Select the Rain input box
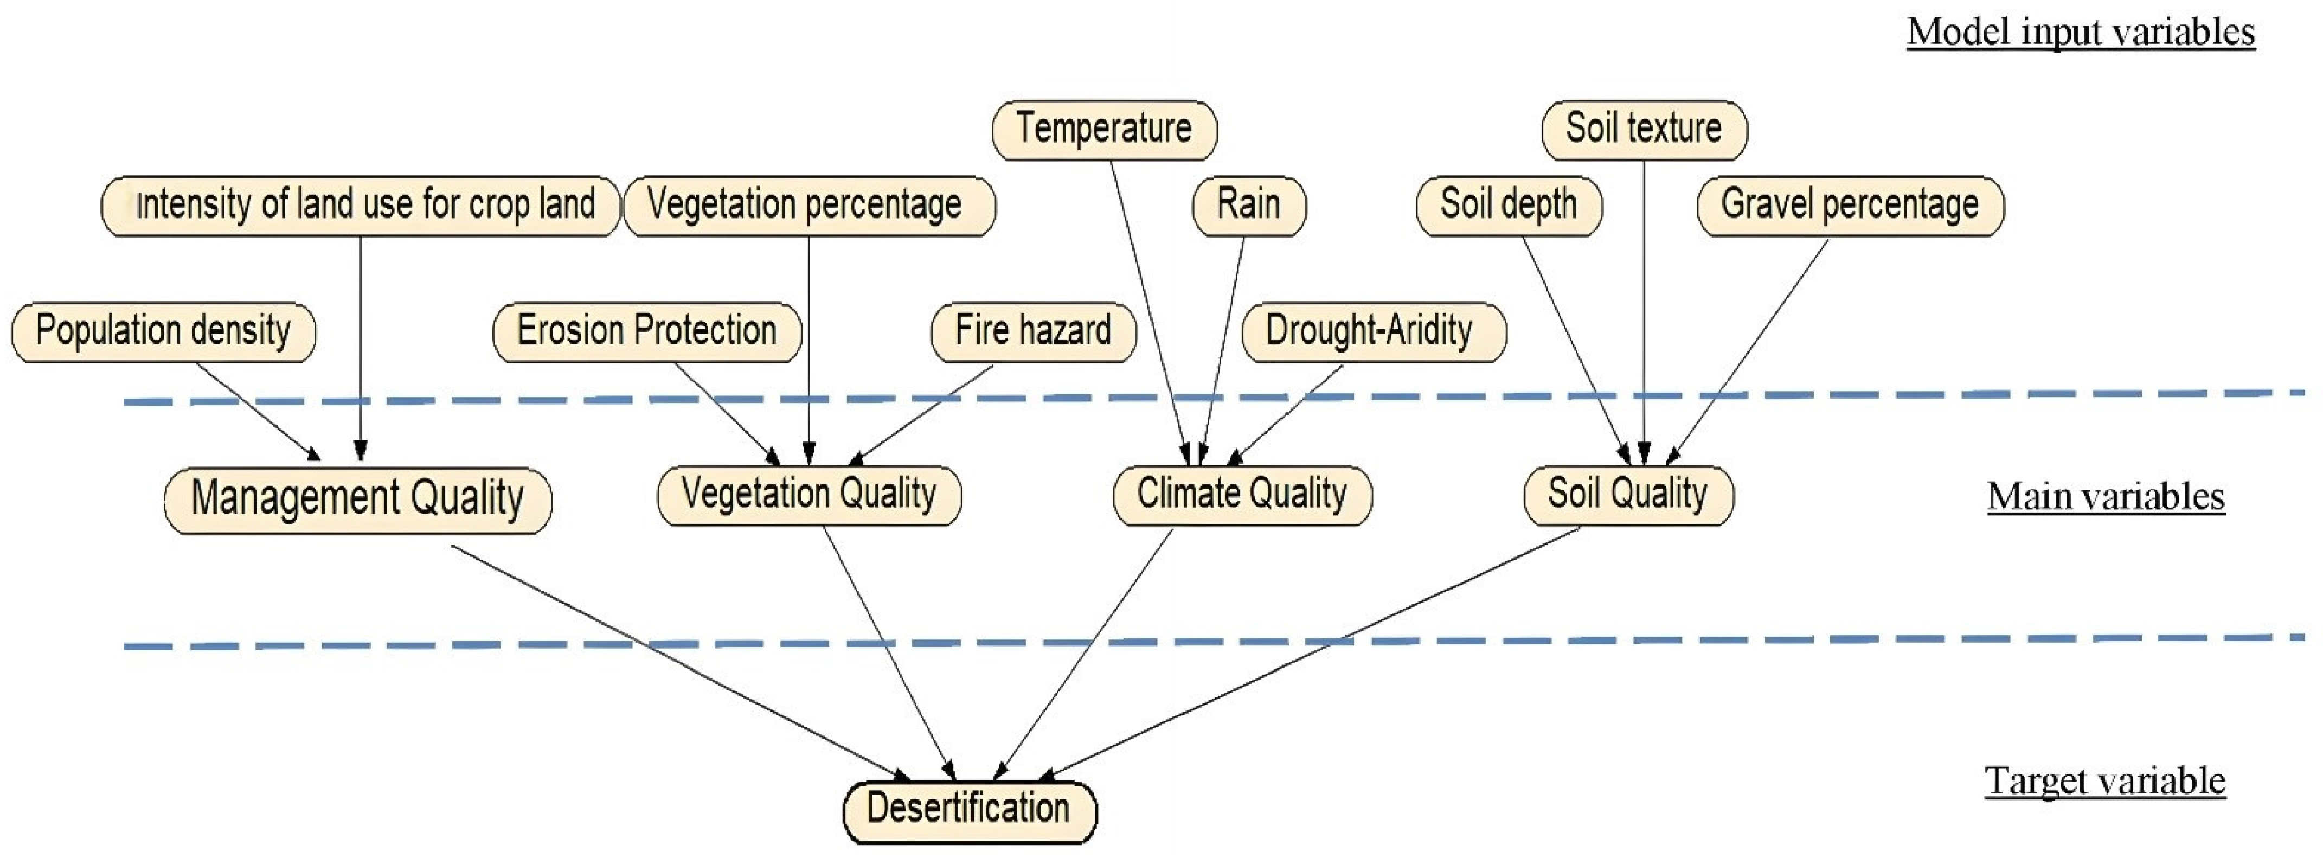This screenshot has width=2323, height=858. [x=1249, y=206]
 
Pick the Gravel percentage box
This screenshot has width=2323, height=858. [x=1851, y=206]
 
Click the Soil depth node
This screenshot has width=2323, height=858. [x=1509, y=206]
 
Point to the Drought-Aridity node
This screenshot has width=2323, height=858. [x=1372, y=332]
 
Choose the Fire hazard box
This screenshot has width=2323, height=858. [x=1034, y=332]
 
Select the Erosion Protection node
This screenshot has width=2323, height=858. [x=646, y=332]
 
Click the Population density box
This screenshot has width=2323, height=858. [x=163, y=332]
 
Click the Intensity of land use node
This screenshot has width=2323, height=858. [x=361, y=206]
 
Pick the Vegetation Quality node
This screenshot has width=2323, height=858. [x=809, y=495]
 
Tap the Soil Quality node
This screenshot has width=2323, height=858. [x=1628, y=495]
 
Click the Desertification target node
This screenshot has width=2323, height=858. [x=970, y=809]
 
